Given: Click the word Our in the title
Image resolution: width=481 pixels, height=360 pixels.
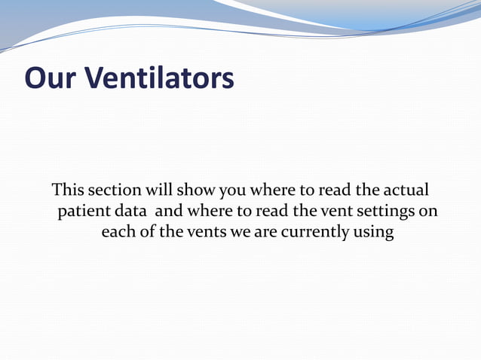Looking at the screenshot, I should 50,78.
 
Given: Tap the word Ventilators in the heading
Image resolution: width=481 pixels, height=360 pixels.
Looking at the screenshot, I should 158,78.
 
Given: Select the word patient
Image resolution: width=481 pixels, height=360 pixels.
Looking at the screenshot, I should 85,210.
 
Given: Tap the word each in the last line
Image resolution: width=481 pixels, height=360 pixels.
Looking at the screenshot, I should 118,232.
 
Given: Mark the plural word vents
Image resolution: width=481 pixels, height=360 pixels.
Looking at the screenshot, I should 205,232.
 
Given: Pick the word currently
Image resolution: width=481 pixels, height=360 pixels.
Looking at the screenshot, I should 315,232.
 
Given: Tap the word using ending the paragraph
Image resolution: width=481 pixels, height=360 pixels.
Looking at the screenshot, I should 373,232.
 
